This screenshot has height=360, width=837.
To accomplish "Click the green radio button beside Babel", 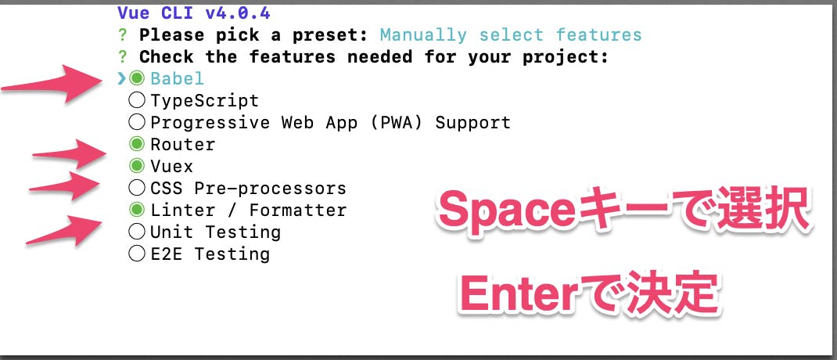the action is tap(137, 78).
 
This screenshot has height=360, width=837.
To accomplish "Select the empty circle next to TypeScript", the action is tap(137, 100).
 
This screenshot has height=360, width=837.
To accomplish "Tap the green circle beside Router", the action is tap(137, 144).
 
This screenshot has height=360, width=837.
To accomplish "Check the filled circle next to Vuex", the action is tap(137, 166).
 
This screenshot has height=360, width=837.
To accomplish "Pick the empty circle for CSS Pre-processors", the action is tap(137, 188).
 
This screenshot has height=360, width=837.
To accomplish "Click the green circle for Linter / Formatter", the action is tap(137, 210).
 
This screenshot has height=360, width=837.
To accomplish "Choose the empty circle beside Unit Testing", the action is tap(137, 232).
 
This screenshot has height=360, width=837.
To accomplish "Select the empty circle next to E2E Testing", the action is tap(137, 254).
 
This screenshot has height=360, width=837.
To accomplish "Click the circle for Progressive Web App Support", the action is tap(137, 122).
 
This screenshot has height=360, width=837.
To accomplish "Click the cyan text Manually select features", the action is tap(511, 34).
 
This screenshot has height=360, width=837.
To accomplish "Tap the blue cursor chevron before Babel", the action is tap(122, 78).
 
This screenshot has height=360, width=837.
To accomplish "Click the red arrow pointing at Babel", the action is tap(52, 83).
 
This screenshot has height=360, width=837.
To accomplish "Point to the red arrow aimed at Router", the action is tap(70, 154).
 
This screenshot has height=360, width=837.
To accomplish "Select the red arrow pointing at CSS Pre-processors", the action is tap(64, 186).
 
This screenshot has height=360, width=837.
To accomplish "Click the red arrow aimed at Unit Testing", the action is tap(64, 231).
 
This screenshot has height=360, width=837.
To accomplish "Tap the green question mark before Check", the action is tap(123, 56).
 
